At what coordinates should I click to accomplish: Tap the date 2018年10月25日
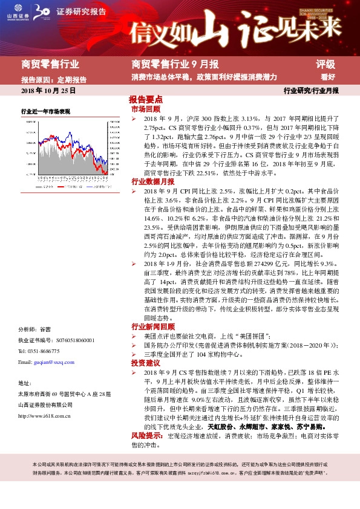click(x=48, y=90)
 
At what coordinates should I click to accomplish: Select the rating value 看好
click(x=328, y=77)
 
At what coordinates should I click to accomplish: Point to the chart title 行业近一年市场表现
click(x=45, y=112)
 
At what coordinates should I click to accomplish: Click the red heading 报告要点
click(x=146, y=99)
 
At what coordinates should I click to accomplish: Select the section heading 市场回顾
click(x=146, y=109)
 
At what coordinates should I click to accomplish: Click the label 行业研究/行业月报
click(x=311, y=90)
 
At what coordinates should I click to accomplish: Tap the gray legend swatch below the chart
click(x=28, y=188)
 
